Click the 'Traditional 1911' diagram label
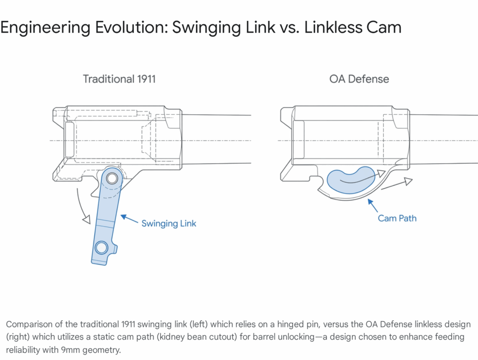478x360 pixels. coord(119,79)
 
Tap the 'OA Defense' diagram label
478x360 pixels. coord(359,79)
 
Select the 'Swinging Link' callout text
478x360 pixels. coord(169,223)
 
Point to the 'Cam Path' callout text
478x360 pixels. coord(397,218)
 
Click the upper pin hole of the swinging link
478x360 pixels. coord(112,178)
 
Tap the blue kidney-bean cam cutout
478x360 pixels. coord(350,179)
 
